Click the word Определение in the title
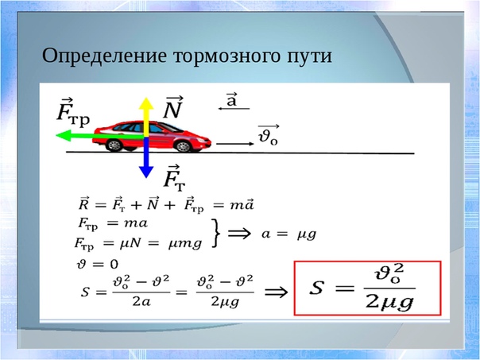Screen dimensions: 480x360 (104, 56)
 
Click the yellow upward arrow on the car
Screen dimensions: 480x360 (146, 117)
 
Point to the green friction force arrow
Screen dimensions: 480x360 (99, 135)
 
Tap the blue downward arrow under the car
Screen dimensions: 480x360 (146, 157)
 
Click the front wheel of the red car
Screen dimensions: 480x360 (184, 146)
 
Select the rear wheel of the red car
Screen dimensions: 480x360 (114, 145)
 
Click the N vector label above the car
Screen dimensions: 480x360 (173, 107)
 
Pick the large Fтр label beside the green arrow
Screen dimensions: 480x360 (73, 112)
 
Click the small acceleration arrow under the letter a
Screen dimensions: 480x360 (234, 108)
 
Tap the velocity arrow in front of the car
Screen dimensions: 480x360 (235, 144)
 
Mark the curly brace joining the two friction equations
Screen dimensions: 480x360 (216, 233)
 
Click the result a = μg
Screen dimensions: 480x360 (288, 234)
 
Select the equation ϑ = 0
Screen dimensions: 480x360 (97, 264)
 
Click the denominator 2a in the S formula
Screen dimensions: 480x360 (141, 302)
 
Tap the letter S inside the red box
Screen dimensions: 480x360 (317, 288)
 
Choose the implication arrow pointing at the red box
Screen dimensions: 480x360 (276, 292)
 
